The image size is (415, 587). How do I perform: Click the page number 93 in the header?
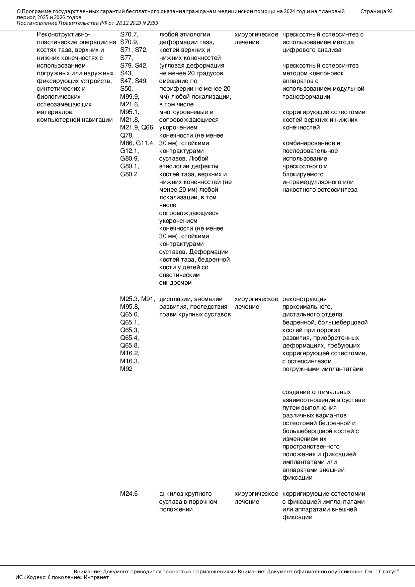[390, 11]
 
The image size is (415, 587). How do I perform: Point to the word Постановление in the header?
[37, 23]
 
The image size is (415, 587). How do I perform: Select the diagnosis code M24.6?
[129, 494]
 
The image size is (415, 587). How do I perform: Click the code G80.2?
[129, 174]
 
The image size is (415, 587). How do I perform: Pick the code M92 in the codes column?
[126, 369]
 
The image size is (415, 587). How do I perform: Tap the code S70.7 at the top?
[129, 34]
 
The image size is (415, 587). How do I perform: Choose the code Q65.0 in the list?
[130, 314]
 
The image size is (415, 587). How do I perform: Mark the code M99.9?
[130, 97]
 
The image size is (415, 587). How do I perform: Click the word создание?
[296, 392]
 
